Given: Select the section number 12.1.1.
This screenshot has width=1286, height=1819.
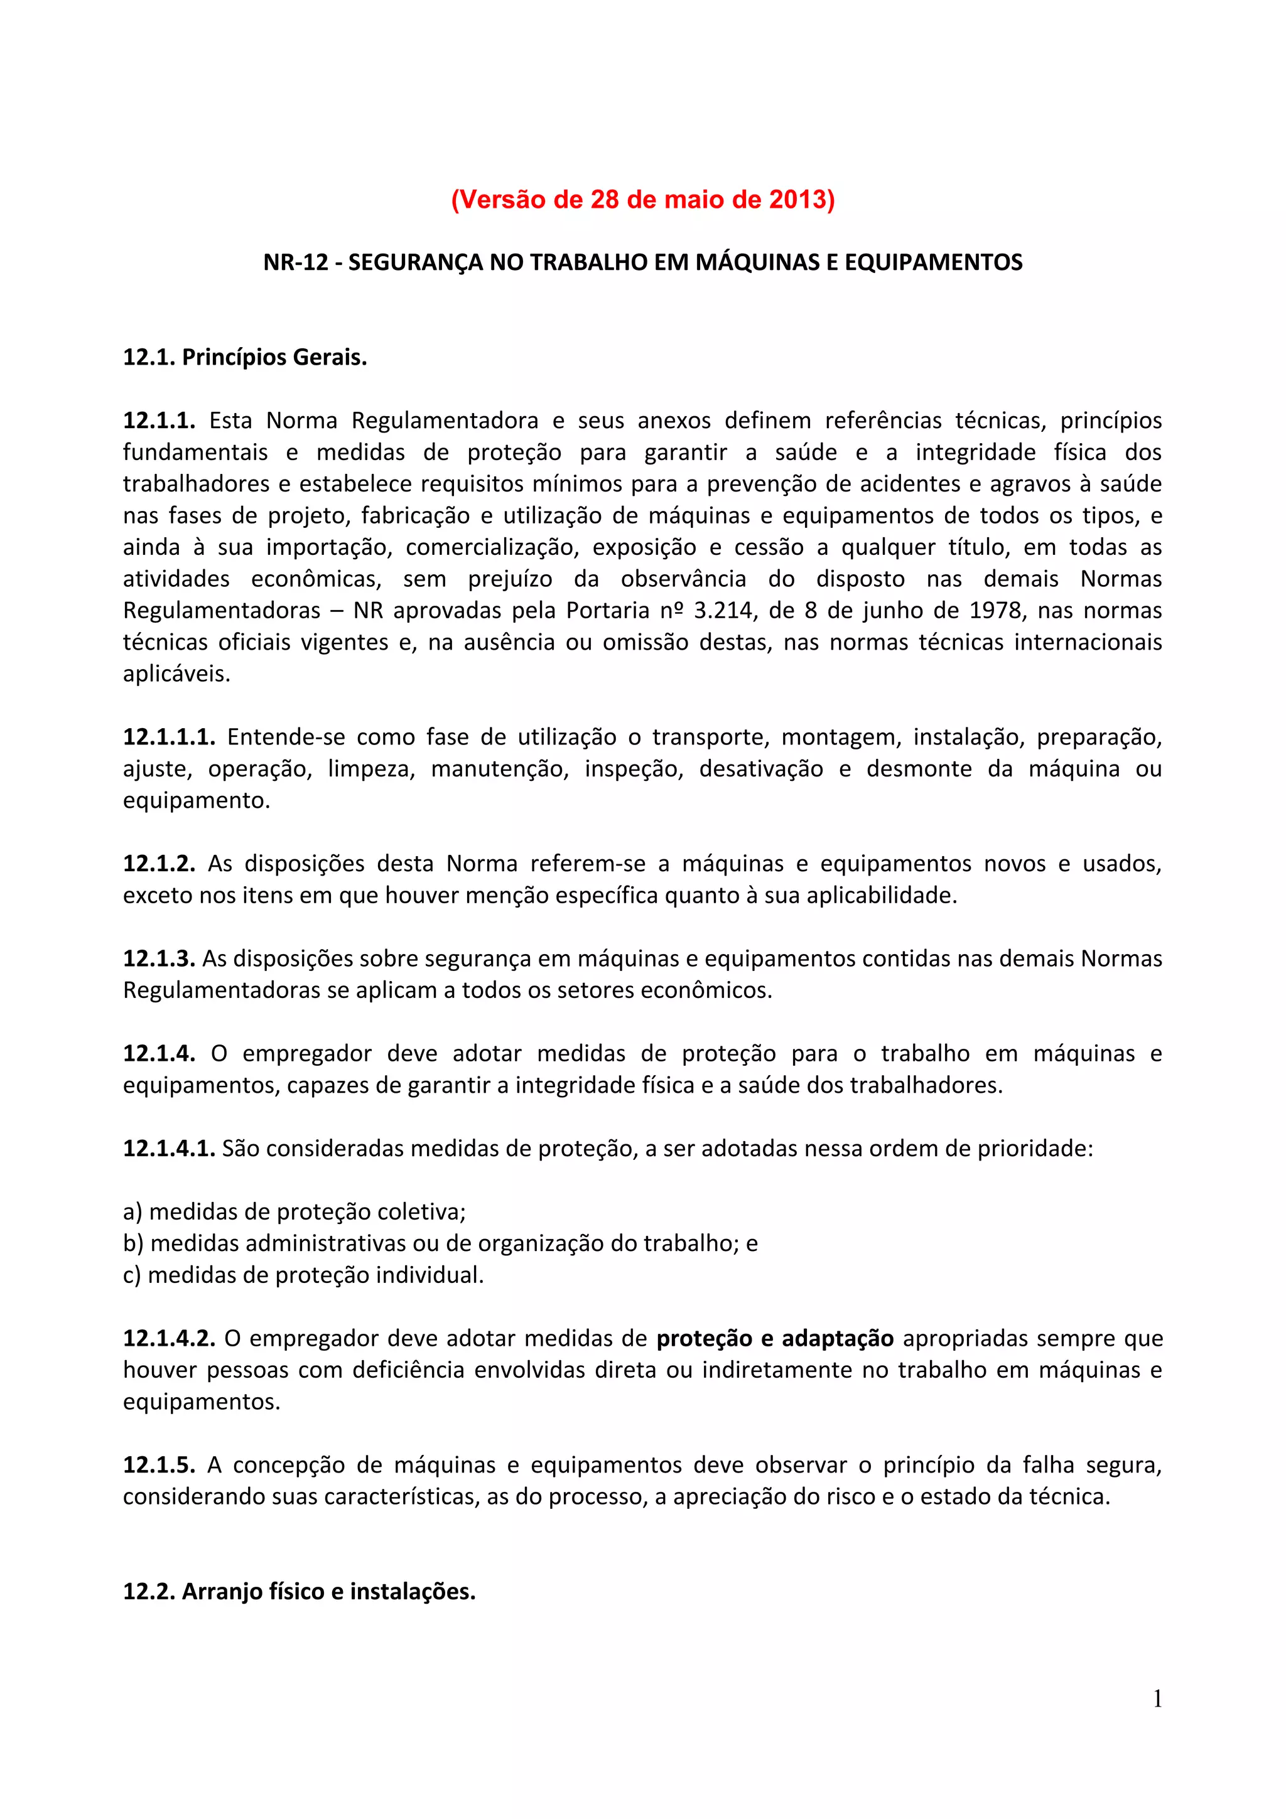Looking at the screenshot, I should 158,420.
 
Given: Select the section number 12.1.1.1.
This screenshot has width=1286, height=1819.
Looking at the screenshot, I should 169,737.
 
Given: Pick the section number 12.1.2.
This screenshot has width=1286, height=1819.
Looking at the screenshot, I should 158,864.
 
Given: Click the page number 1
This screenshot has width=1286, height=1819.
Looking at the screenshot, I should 1157,1698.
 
